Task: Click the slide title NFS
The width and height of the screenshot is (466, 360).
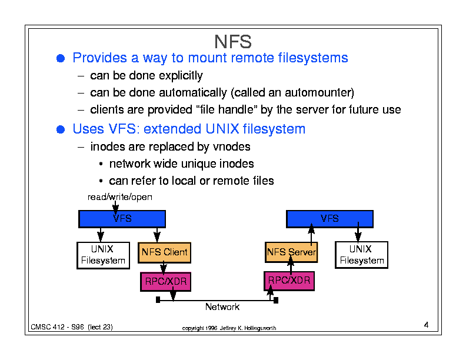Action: pos(232,42)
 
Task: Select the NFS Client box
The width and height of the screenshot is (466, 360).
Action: pos(164,252)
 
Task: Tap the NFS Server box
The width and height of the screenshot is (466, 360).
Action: pos(291,252)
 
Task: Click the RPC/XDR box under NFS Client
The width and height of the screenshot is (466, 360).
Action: pos(165,281)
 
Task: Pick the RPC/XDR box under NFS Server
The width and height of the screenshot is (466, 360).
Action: pos(289,281)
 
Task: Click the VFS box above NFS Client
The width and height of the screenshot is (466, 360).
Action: pos(122,219)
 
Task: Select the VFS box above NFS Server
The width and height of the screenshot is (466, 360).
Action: pos(329,219)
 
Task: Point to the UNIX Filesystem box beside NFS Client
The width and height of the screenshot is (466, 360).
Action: pos(103,255)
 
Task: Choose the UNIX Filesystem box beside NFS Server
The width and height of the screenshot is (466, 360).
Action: pos(361,255)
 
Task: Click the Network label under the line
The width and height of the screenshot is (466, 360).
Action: pos(222,307)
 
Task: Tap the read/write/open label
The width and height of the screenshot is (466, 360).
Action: pos(120,197)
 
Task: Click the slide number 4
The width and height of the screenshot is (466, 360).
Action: pos(426,325)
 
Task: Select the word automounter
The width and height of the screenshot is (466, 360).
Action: pos(319,93)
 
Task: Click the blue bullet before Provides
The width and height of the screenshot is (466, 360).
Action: pos(61,58)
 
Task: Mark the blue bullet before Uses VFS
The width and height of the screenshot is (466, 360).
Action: pos(61,129)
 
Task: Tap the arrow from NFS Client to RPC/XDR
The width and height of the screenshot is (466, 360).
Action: pos(164,267)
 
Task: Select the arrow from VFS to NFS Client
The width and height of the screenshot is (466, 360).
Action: pos(157,235)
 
